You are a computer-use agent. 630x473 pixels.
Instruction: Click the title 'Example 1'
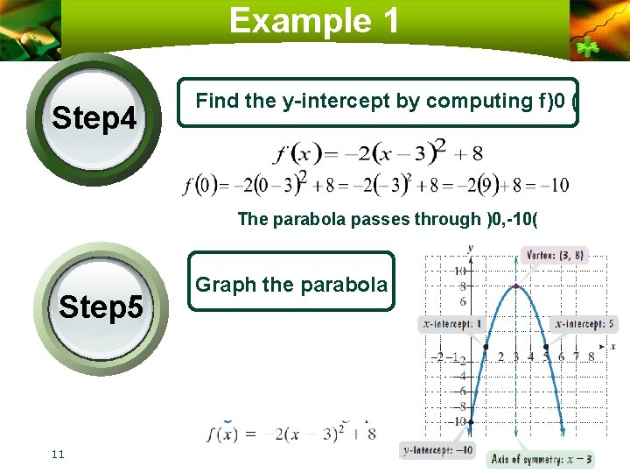314,20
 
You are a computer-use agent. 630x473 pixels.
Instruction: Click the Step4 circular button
94,117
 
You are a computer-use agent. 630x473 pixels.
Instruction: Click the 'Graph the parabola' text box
291,284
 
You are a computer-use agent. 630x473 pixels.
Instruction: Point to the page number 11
59,453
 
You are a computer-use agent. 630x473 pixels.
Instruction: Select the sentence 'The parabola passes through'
360,220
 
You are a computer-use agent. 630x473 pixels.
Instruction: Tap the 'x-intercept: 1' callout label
452,324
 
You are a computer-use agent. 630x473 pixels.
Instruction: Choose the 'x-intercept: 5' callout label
585,324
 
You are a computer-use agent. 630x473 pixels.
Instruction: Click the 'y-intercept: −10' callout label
437,450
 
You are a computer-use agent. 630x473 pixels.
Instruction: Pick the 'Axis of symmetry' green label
542,458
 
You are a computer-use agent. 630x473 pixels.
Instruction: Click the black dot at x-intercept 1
486,348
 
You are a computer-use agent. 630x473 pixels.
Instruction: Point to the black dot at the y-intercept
471,423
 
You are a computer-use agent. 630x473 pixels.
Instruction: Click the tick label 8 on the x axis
591,357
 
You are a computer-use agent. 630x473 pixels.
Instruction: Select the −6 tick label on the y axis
462,392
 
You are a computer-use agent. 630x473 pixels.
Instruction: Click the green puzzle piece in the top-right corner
584,46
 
